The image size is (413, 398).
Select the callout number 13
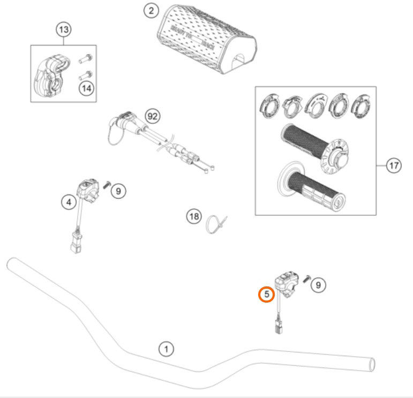(63, 29)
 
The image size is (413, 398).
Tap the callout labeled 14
(85, 88)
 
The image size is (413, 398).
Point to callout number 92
(154, 116)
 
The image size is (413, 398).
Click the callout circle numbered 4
(68, 202)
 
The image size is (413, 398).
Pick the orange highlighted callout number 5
(266, 294)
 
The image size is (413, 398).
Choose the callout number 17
(394, 166)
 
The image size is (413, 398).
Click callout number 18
(194, 217)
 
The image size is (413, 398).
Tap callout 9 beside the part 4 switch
(119, 190)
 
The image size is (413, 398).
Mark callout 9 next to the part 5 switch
(318, 285)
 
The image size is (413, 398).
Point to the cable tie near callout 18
(217, 223)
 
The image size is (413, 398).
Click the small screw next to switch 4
(106, 184)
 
